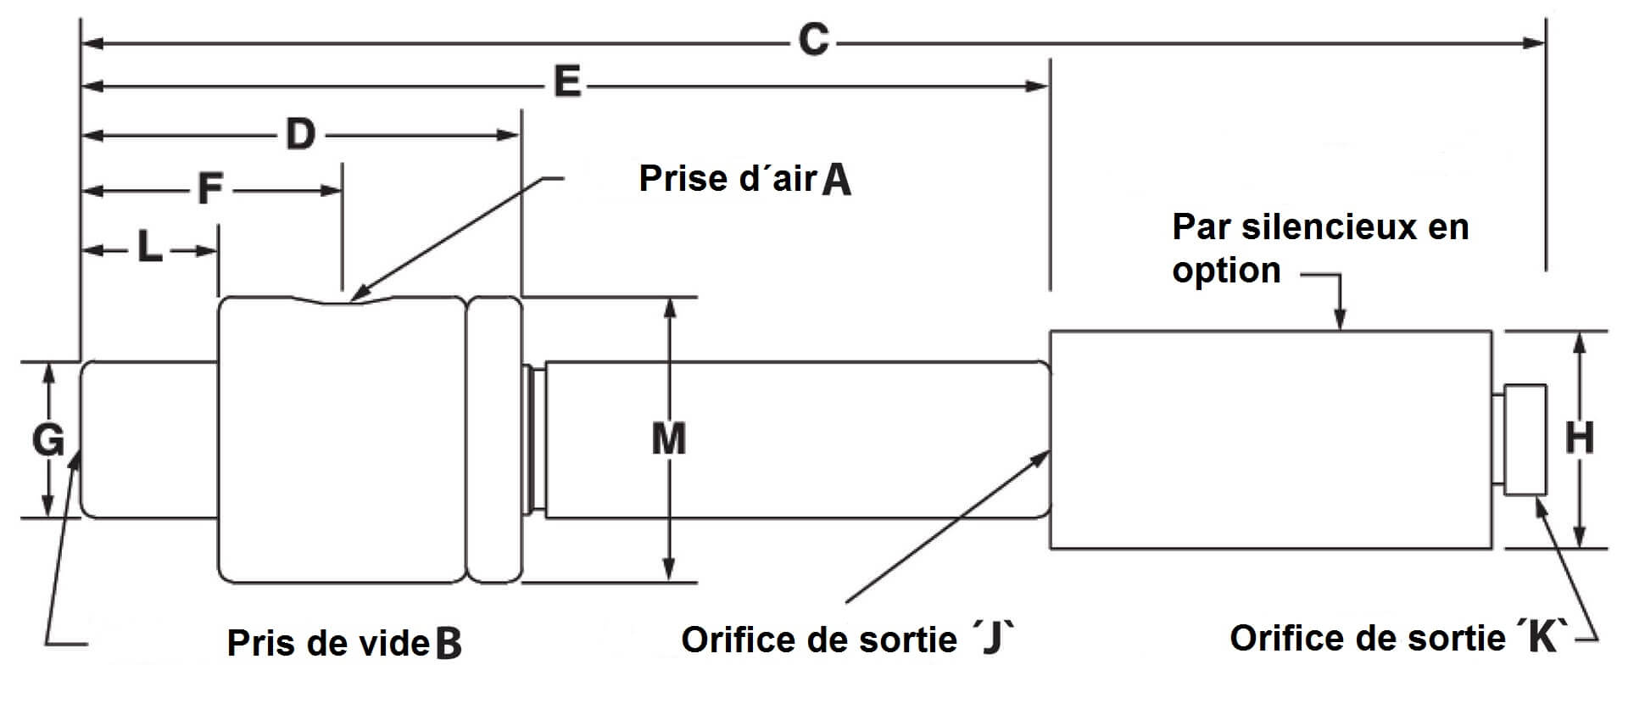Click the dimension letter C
pos(813,40)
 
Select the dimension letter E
pos(566,83)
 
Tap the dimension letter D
pos(300,134)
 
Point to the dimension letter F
pos(209,189)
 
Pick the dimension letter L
pos(150,249)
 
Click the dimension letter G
pos(48,440)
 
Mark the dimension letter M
pos(669,439)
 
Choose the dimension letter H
pos(1579,439)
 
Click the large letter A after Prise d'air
pos(837,180)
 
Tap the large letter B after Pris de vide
pos(449,644)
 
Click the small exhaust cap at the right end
pos(1525,440)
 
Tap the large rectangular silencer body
pos(1270,439)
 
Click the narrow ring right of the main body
pos(494,439)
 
